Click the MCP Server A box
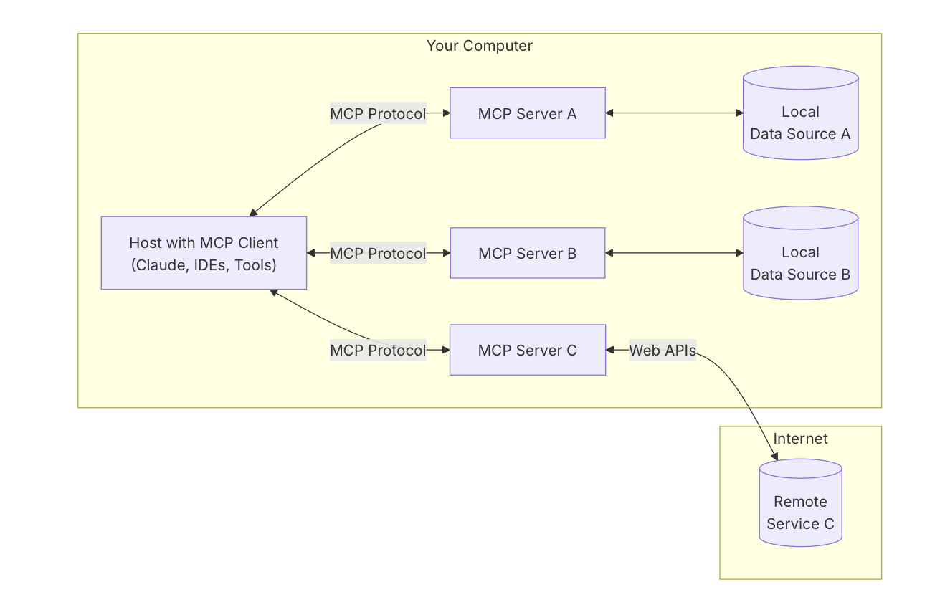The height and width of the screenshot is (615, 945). [527, 113]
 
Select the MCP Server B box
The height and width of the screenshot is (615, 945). [527, 253]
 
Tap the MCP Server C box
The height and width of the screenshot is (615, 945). [527, 350]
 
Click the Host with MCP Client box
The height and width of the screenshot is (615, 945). [204, 253]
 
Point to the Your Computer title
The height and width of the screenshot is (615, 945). [479, 46]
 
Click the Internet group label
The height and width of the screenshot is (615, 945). [800, 439]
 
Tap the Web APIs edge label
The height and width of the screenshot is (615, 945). [662, 350]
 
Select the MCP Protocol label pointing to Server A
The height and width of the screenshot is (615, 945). [378, 113]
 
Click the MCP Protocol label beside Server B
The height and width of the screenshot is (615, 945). [378, 253]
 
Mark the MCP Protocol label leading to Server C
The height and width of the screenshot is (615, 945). [378, 350]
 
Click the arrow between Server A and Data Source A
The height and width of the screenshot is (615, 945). [674, 113]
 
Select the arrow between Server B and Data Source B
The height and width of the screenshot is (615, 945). [674, 253]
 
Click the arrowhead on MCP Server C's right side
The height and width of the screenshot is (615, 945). [610, 350]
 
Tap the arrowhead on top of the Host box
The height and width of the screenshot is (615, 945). [253, 213]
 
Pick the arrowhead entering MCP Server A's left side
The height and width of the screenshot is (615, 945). [445, 113]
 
